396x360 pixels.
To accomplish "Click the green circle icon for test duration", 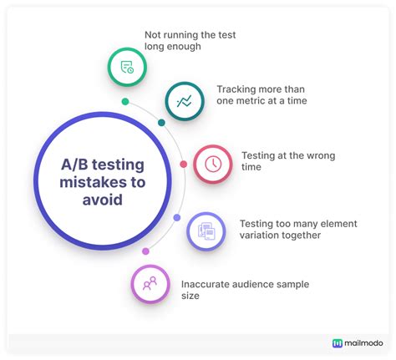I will click(x=127, y=68).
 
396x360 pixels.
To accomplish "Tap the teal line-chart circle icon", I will click(x=184, y=101).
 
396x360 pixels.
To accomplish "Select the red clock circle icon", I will click(x=213, y=164).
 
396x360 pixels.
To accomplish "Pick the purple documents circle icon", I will click(x=206, y=231).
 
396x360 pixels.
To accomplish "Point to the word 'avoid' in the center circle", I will click(x=101, y=200).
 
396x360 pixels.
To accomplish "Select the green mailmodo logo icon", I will click(x=338, y=342).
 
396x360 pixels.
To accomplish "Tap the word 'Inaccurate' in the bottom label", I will click(x=206, y=284).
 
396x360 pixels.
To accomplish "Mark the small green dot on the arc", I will click(x=125, y=102).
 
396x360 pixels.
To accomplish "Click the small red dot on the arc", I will click(x=184, y=165).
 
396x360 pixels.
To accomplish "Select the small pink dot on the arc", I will click(x=145, y=251).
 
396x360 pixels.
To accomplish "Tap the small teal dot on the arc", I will click(x=162, y=123).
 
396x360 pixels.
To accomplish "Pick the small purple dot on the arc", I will click(x=177, y=217).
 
